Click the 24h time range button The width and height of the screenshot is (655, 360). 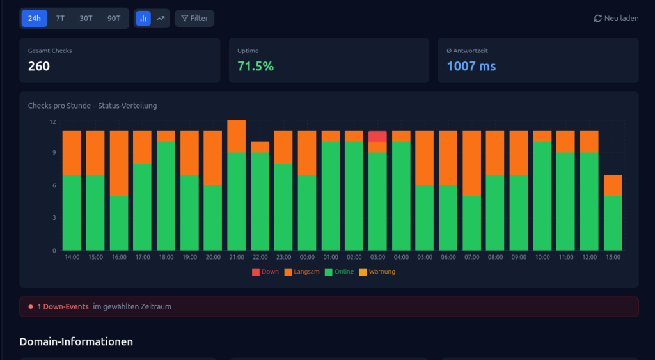click(35, 19)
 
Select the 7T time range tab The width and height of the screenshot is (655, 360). click(60, 19)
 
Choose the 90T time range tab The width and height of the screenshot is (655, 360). click(114, 19)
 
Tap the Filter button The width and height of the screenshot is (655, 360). click(194, 19)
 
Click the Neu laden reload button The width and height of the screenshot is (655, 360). click(616, 19)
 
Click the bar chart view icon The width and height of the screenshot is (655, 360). click(143, 19)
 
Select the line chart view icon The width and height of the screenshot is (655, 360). click(161, 19)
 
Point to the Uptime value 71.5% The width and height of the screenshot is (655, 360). click(255, 66)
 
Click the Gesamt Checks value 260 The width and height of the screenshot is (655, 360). click(39, 66)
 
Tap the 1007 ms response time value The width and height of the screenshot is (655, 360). click(471, 66)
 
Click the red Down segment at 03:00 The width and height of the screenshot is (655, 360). click(377, 136)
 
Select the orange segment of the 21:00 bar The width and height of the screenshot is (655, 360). click(236, 136)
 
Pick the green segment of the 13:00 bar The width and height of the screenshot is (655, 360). click(613, 223)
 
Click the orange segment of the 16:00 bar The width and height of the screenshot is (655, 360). click(119, 163)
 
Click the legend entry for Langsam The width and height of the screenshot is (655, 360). click(301, 272)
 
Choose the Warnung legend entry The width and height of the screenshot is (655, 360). click(377, 272)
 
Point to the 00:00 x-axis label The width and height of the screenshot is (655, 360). click(307, 257)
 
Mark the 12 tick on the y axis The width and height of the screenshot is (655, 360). click(52, 121)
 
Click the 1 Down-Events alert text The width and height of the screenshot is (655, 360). click(63, 307)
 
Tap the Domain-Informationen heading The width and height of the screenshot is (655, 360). click(76, 341)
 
